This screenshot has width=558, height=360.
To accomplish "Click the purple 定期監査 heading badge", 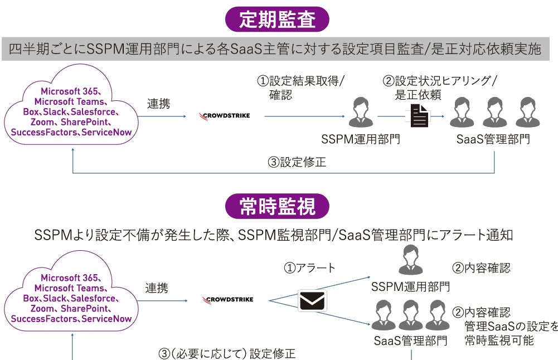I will (x=278, y=20).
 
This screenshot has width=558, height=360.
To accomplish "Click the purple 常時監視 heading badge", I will (x=278, y=206).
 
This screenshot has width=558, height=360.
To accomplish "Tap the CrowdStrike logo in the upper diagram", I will (x=225, y=116).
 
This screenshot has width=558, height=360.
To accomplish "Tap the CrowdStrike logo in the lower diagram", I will (x=227, y=300).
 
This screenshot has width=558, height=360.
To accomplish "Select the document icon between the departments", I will (x=420, y=116).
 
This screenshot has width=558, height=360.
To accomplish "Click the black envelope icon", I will (x=313, y=301).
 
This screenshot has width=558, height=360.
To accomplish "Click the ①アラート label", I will (x=310, y=268).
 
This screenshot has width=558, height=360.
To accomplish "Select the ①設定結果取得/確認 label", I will (x=300, y=87).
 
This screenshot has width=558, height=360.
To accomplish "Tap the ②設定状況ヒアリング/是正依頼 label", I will (x=440, y=87).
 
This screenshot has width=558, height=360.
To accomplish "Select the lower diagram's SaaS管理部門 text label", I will (x=410, y=340).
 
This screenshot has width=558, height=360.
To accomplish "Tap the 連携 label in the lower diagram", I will (x=157, y=288).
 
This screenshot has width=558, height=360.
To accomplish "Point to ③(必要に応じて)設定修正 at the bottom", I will (x=227, y=353).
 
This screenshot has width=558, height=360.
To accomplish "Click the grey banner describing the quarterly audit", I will (x=275, y=50).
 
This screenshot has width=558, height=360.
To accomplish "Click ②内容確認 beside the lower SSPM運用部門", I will (x=481, y=268).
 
